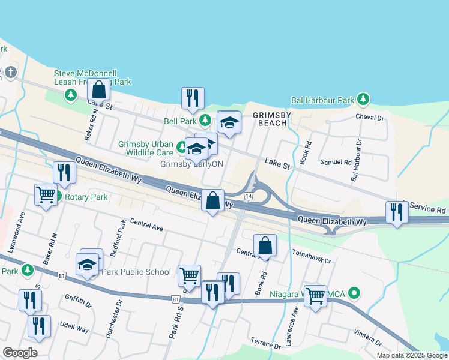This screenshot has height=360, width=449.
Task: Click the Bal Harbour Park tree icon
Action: click(x=362, y=98)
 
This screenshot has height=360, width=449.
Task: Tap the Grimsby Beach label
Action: click(x=270, y=118)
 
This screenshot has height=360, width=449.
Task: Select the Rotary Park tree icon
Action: click(x=58, y=196)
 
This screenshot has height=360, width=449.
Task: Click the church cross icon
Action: click(x=10, y=73)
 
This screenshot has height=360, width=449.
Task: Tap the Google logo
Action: click(x=20, y=352)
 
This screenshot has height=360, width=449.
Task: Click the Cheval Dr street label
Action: click(x=369, y=118)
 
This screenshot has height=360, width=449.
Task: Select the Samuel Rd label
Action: click(x=336, y=162)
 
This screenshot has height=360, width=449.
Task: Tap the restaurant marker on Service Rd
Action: click(x=397, y=212)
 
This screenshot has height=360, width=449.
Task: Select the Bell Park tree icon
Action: click(x=205, y=121)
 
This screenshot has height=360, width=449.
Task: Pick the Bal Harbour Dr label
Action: click(x=357, y=160)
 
